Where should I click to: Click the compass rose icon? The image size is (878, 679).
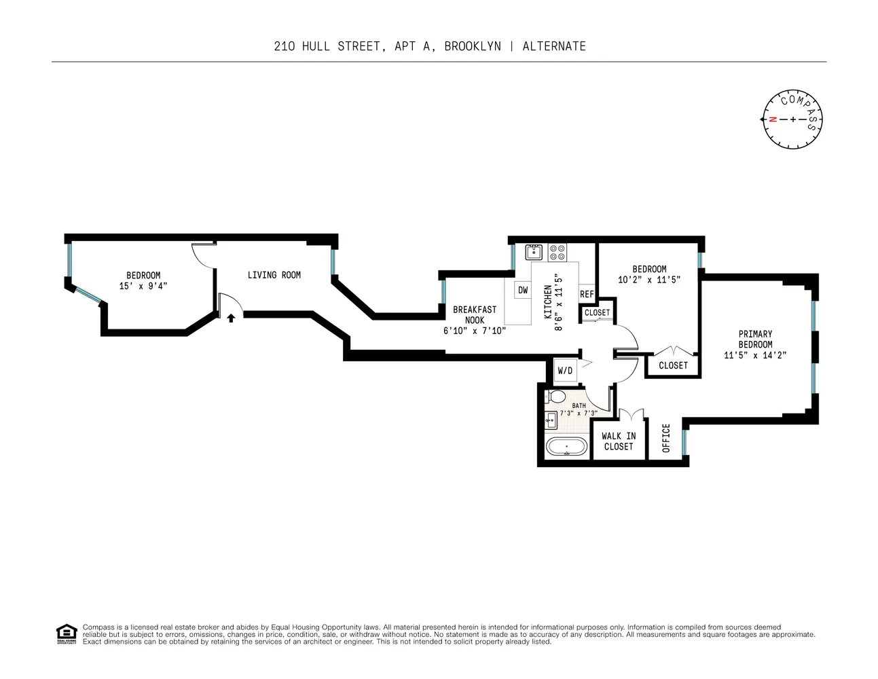tap(792, 120)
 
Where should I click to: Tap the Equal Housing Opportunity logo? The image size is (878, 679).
tap(66, 634)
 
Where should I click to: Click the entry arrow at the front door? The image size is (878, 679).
tap(231, 317)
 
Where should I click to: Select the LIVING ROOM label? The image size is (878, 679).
tap(274, 275)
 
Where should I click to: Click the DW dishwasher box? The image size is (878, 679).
tap(522, 291)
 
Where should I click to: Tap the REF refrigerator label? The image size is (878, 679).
tap(587, 294)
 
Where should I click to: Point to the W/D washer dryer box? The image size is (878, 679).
tap(565, 371)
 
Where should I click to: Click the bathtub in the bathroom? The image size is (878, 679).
tap(566, 448)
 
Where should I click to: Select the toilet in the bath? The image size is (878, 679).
tap(557, 397)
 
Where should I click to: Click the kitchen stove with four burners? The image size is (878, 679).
tap(557, 253)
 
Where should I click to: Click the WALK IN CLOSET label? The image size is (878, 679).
tap(619, 441)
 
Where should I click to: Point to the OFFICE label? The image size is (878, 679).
tap(666, 438)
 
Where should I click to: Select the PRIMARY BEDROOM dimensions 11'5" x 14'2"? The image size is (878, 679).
tap(755, 354)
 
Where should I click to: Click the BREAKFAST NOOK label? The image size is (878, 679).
tap(475, 314)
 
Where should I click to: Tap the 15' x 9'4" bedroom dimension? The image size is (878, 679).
tap(143, 286)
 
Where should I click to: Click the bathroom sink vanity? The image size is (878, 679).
tap(551, 420)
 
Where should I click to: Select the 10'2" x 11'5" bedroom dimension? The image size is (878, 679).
tap(648, 279)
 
